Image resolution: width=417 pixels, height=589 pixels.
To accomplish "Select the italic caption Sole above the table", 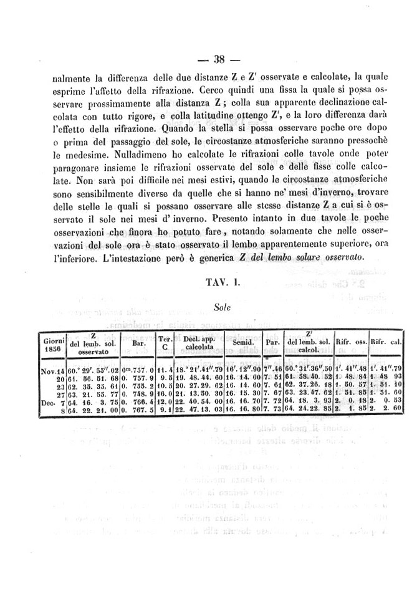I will point(222,307).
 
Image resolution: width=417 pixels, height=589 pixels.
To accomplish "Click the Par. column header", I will point(272,343).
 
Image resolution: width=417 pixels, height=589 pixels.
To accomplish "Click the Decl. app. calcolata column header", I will point(199,343).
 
